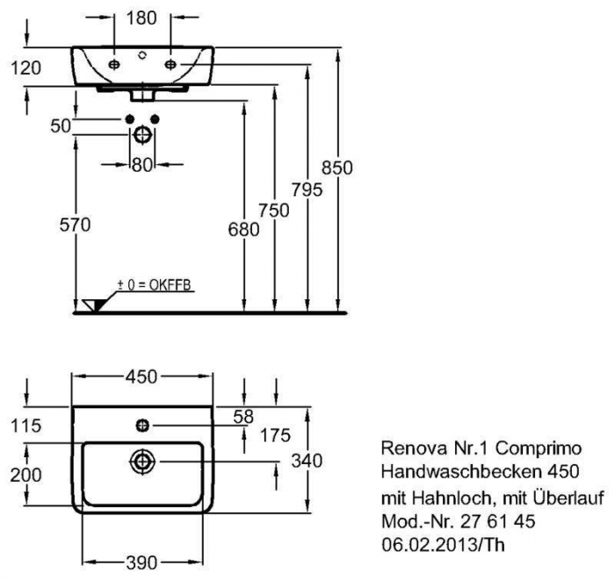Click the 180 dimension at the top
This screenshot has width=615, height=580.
coord(142,17)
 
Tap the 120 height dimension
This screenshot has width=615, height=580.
coord(27,68)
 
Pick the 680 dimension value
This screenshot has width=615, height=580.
coord(243,231)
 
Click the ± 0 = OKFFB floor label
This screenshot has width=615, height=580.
coord(155,285)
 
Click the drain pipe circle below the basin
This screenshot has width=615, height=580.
coord(142,135)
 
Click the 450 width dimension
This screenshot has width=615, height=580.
coord(141,376)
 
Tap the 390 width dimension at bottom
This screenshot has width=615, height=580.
coord(141,560)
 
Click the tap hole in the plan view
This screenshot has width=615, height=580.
coord(142,426)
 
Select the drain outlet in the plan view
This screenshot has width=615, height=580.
coord(141,461)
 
